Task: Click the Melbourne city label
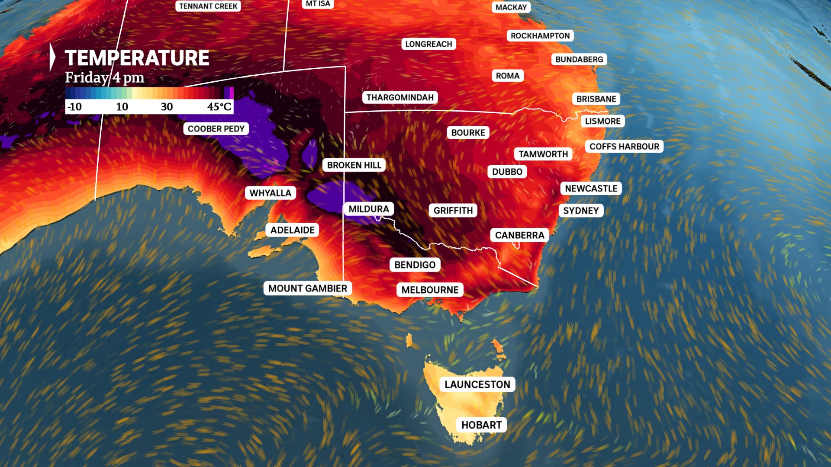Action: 430,290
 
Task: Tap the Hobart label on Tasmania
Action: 481,425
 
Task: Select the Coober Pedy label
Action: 216,129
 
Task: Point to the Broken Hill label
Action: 354,165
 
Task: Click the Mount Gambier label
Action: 307,288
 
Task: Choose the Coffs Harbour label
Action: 624,147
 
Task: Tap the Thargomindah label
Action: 400,97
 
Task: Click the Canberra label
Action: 519,235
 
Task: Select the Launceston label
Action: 477,384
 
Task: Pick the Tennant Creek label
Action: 208,6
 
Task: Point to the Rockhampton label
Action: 540,36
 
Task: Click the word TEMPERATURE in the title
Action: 137,58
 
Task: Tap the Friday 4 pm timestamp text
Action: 105,78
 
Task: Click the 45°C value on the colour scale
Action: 219,107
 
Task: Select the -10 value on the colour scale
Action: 74,107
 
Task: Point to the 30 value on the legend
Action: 167,107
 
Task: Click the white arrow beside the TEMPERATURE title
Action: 52,57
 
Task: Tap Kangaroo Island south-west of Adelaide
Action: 265,251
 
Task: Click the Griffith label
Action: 453,211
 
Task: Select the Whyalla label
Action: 271,193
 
